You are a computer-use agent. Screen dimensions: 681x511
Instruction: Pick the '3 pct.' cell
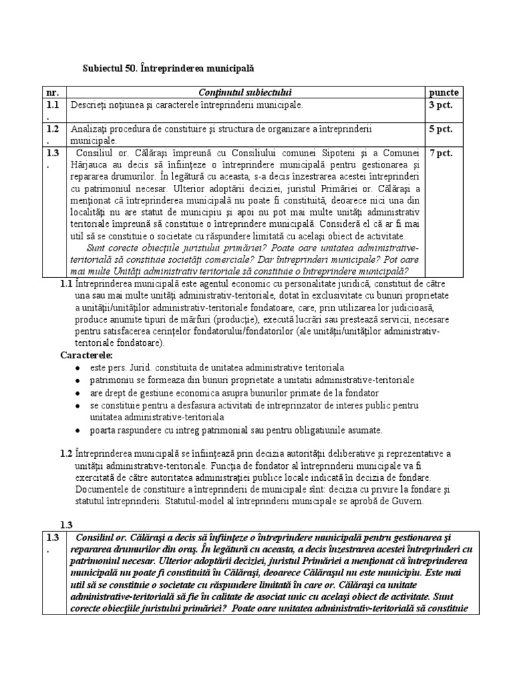(x=440, y=105)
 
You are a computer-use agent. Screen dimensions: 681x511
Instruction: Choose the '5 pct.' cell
(x=440, y=128)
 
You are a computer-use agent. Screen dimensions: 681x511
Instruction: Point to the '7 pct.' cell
(x=440, y=153)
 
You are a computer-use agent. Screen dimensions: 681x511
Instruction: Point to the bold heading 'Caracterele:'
(x=87, y=355)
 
